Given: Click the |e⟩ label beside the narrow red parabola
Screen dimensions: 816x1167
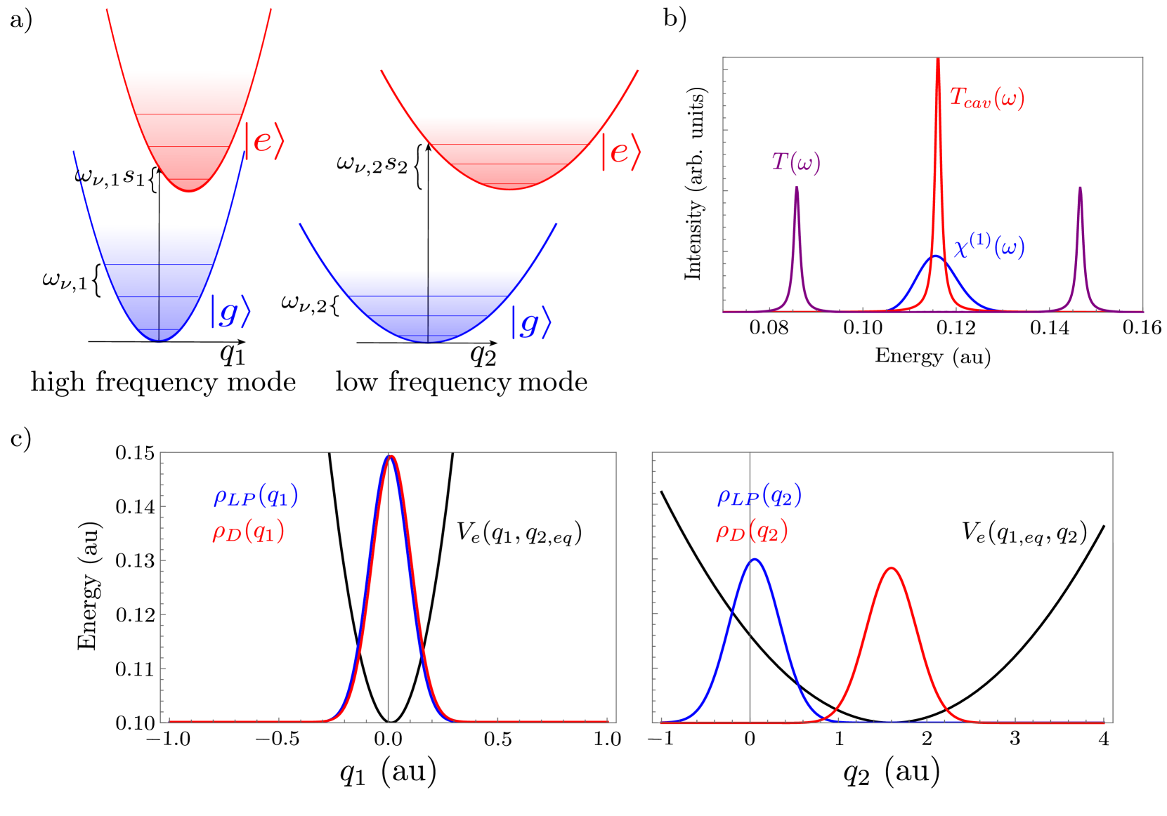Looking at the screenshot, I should point(264,141).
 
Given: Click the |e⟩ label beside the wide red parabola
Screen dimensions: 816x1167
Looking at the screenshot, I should point(621,152).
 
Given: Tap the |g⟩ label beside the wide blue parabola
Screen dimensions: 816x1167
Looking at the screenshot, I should point(531,322).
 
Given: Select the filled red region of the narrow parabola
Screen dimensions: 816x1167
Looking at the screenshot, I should point(188,119).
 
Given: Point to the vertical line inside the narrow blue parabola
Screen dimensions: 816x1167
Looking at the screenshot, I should point(159,281).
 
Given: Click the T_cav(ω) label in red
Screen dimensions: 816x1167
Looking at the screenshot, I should point(986,98).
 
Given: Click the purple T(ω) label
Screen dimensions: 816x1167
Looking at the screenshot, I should point(796,162).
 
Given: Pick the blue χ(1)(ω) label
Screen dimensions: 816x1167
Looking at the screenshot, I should point(989,246).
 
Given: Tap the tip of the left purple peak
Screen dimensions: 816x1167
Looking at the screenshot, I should point(796,187).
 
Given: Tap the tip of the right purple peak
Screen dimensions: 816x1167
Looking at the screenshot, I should point(1080,187).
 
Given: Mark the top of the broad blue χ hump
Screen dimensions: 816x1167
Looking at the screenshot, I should point(934,256).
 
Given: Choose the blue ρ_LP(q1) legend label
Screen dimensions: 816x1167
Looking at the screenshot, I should point(256,496).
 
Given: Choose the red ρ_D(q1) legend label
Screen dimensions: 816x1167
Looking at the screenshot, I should point(249,532).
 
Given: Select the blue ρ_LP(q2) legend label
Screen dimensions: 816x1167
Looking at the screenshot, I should point(759,496).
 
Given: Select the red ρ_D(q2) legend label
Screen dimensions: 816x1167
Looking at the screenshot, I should point(752,532).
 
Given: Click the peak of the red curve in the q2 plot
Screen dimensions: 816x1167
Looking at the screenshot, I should point(892,567).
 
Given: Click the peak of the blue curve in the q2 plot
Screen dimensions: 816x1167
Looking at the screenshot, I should point(755,560).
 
